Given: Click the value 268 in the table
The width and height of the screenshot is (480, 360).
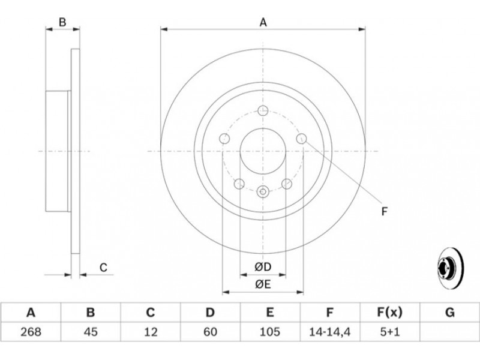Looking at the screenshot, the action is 31,332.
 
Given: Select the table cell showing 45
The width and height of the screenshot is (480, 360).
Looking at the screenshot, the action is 91,332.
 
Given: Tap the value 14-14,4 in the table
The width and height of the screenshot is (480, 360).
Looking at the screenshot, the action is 329,332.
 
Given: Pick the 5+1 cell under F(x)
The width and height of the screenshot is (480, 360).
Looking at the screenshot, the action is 389,332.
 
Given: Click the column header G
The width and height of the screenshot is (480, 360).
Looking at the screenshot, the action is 449,313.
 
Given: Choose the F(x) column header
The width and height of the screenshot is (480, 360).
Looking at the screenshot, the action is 389,313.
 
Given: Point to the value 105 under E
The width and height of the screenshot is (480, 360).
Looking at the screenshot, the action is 269,332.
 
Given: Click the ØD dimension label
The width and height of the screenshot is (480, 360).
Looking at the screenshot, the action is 263,267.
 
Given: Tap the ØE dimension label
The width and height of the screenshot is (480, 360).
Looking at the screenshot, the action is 263,284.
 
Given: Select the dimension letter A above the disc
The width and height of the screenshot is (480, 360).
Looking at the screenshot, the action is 263,22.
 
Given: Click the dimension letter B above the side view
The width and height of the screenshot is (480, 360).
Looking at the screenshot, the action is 62,22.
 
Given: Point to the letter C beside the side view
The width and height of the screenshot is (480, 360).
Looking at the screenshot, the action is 103,268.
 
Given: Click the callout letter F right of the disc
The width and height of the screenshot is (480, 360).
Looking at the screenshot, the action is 385,211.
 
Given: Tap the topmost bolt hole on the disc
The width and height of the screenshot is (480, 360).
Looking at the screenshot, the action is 263,110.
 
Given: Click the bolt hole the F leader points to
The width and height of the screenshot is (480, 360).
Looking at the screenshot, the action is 302,139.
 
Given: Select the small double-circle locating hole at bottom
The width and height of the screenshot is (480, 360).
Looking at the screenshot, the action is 263,192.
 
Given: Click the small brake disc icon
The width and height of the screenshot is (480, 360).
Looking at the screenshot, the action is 451,268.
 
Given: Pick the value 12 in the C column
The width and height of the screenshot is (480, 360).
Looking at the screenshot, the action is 151,332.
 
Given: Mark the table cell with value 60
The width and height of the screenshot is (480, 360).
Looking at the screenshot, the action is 211,332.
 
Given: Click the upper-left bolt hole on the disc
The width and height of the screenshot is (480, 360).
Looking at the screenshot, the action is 224,139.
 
